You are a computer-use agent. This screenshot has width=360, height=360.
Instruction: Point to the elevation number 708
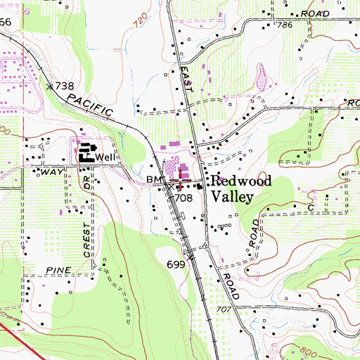coord(184,198)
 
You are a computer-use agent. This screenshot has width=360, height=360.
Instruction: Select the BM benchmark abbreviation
coord(153,181)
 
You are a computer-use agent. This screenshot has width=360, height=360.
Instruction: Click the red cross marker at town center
coord(180,182)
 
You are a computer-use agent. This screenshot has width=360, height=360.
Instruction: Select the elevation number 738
coord(65,86)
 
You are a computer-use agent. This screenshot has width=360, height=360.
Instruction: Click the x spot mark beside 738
coord(50,86)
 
